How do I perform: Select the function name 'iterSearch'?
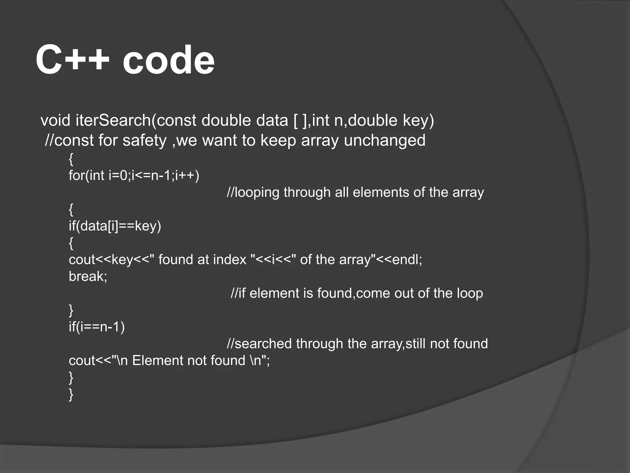pyautogui.click(x=113, y=120)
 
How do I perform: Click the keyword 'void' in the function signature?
pyautogui.click(x=56, y=120)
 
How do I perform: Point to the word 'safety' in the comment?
pyautogui.click(x=144, y=140)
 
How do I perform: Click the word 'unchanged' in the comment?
pyautogui.click(x=385, y=140)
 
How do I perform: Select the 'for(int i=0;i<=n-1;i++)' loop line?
pyautogui.click(x=134, y=176)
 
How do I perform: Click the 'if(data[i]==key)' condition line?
pyautogui.click(x=115, y=226)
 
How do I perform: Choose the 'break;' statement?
pyautogui.click(x=88, y=276)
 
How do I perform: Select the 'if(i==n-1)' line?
pyautogui.click(x=97, y=327)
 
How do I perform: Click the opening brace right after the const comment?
pyautogui.click(x=71, y=159)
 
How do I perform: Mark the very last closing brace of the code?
pyautogui.click(x=71, y=394)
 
